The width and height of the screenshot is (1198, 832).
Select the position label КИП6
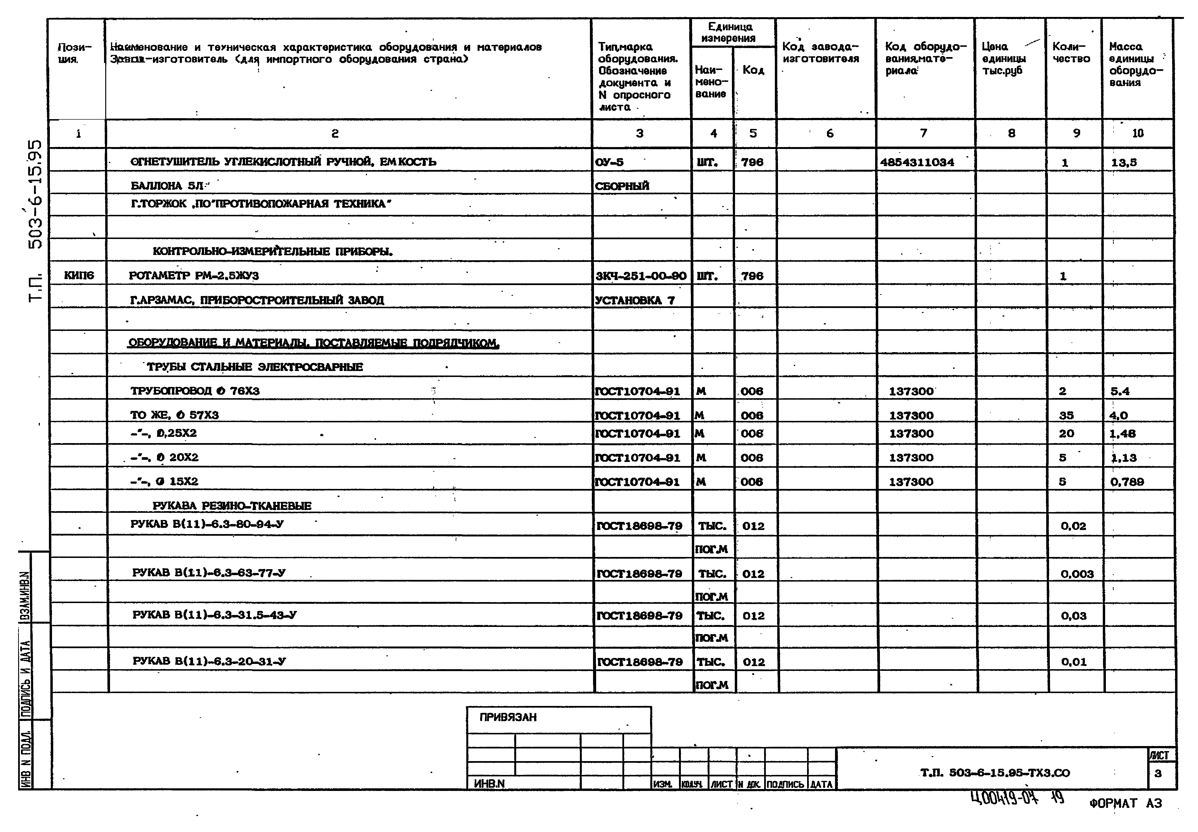click(79, 275)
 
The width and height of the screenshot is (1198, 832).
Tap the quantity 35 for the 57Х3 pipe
click(1066, 415)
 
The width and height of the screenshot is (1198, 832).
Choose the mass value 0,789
click(1127, 482)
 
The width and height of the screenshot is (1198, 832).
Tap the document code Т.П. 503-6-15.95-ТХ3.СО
click(995, 773)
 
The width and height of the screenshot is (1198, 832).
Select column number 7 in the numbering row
click(923, 133)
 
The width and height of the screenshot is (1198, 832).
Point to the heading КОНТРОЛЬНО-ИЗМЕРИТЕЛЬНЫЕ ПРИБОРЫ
click(273, 252)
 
